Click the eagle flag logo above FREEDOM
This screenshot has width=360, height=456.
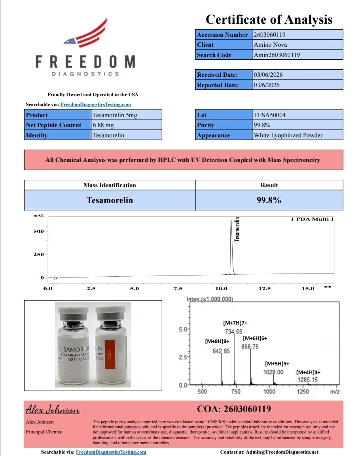86,35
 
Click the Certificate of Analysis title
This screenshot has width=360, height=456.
269,19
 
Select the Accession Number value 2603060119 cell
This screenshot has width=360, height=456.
297,35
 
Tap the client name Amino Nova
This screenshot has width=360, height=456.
297,45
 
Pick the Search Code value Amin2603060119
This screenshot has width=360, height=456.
297,55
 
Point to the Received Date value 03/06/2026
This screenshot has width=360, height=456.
297,74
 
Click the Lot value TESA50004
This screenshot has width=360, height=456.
297,115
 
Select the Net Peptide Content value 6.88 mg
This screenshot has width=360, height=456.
126,125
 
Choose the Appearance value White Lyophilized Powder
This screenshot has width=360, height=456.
297,135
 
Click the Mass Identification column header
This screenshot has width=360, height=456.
110,185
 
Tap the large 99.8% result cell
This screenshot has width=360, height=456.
269,200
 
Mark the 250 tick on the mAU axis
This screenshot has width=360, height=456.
39,254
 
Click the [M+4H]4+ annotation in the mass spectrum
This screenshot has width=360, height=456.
308,372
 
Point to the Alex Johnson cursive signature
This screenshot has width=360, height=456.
53,409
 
